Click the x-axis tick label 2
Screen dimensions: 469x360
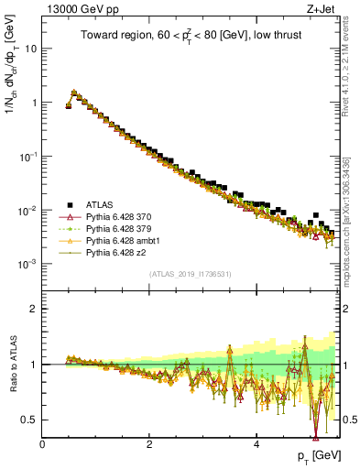(149, 444)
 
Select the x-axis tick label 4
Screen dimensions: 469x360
(256, 444)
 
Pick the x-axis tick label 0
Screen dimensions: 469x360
(43, 444)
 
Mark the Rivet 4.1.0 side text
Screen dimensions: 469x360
(349, 87)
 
